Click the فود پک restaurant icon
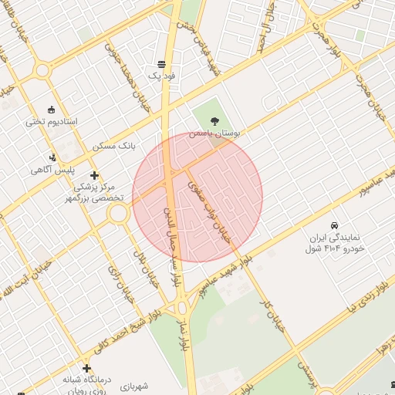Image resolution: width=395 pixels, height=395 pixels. pyautogui.click(x=161, y=64)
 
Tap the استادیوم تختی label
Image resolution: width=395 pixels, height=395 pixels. pyautogui.click(x=48, y=122)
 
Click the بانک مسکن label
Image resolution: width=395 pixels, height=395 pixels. pyautogui.click(x=114, y=145)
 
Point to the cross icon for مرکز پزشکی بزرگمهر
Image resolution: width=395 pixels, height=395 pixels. pyautogui.click(x=94, y=175)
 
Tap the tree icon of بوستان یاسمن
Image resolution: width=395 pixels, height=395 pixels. pyautogui.click(x=214, y=120)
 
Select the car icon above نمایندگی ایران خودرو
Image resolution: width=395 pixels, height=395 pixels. pyautogui.click(x=333, y=225)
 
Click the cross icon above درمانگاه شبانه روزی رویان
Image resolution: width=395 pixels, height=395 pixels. pyautogui.click(x=86, y=367)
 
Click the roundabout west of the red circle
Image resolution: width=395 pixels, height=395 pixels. pyautogui.click(x=119, y=213)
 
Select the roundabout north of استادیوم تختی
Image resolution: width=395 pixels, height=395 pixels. pyautogui.click(x=42, y=70)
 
